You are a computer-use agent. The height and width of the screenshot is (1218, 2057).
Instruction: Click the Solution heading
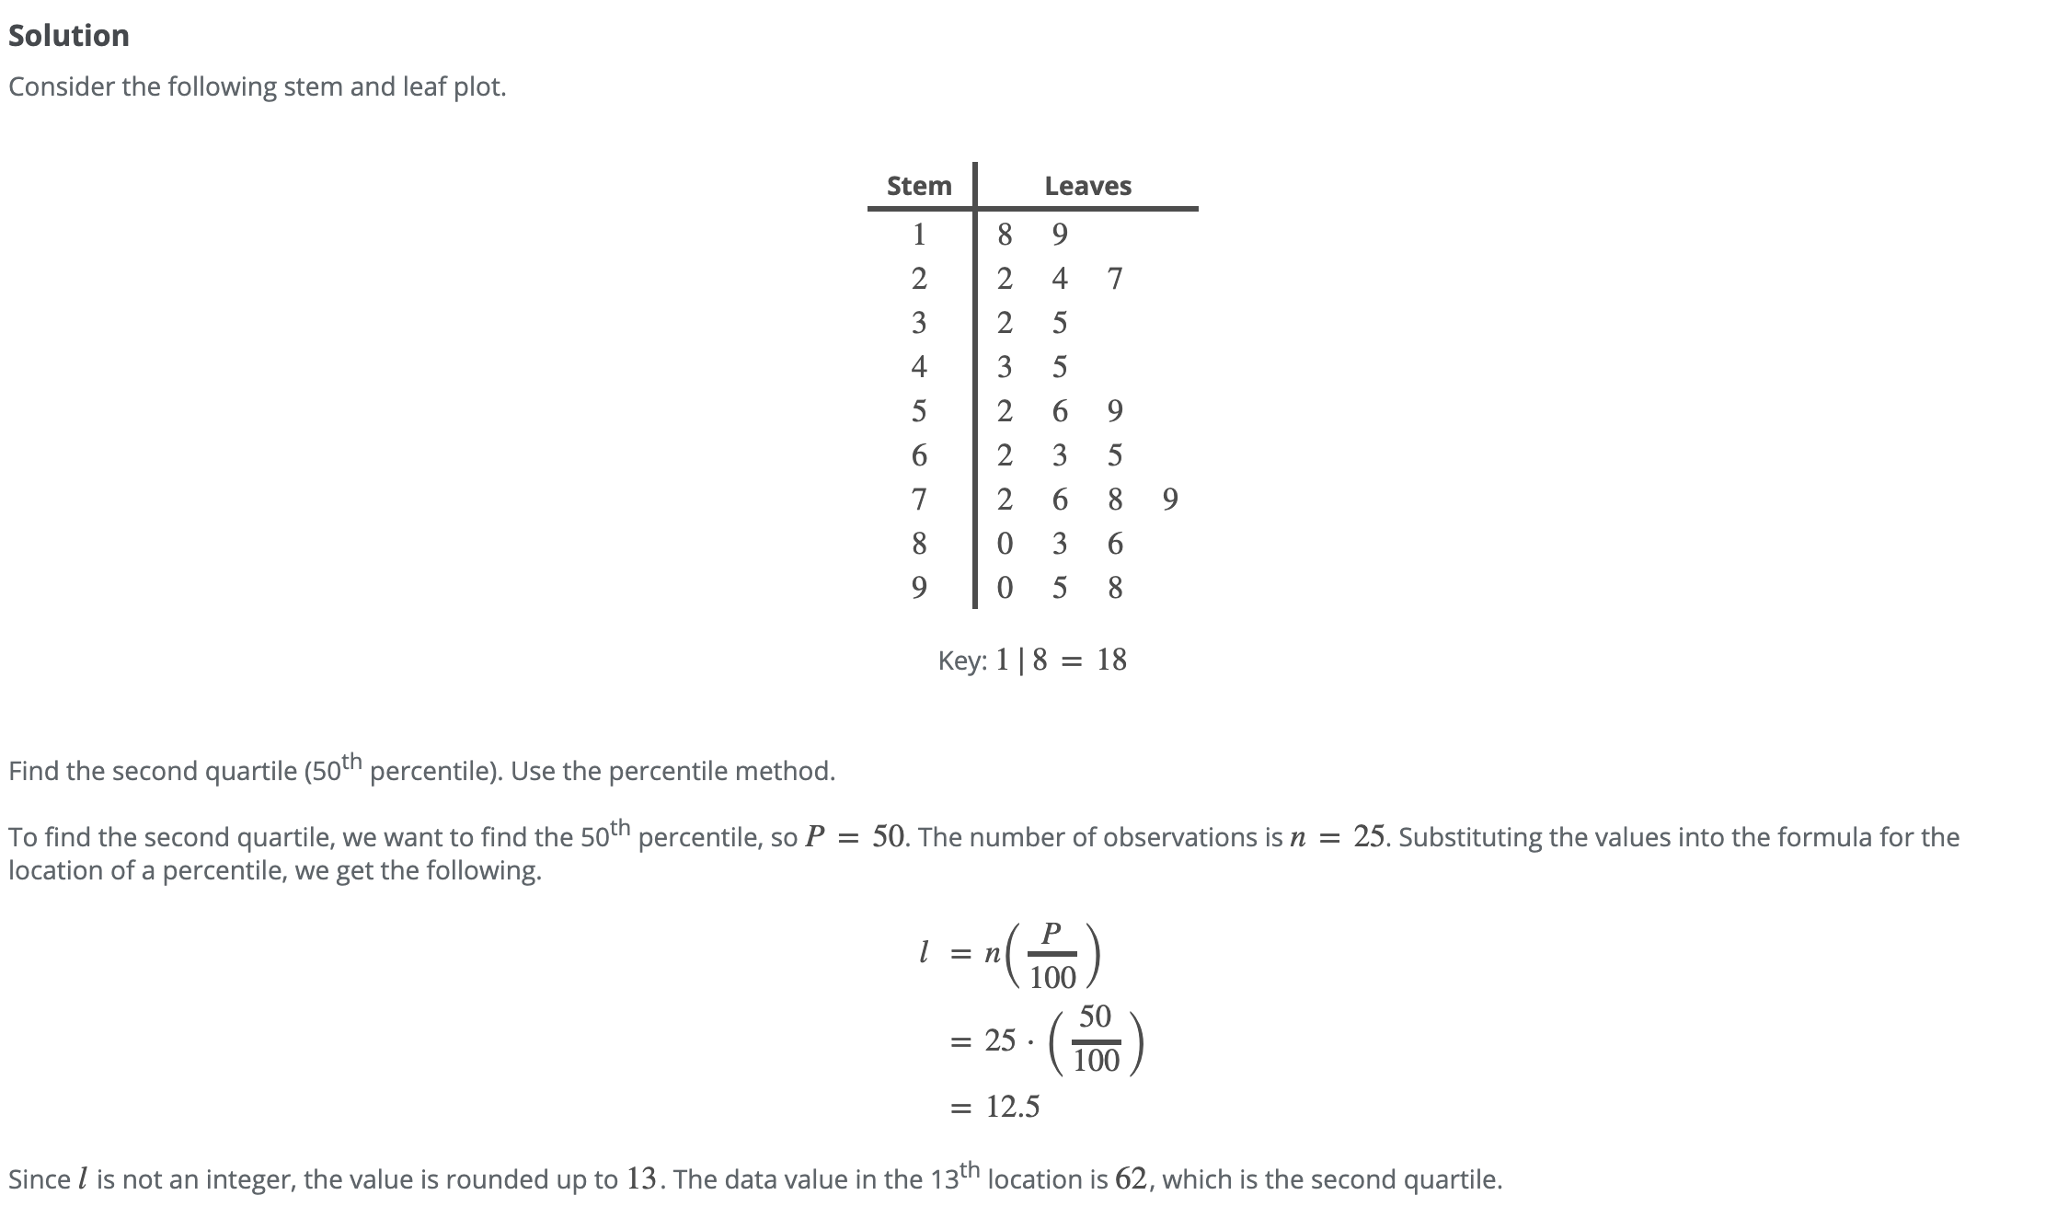tap(69, 36)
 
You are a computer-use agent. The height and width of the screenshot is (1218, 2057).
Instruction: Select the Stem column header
tap(918, 186)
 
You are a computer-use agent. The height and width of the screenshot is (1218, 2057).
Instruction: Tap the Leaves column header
tap(1087, 186)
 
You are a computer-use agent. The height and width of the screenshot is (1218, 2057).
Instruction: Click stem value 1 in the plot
tap(918, 235)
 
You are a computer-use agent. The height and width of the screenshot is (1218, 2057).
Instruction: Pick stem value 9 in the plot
tap(918, 587)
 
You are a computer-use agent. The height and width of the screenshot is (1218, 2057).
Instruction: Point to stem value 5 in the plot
tap(918, 410)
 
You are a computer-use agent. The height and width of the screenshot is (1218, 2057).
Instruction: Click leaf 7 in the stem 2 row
tap(1115, 278)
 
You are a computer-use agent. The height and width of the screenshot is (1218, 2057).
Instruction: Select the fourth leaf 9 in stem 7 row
tap(1170, 500)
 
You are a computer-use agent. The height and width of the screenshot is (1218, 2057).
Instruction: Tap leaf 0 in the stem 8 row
tap(1005, 544)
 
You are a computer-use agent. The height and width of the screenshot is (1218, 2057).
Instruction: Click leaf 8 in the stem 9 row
tap(1115, 587)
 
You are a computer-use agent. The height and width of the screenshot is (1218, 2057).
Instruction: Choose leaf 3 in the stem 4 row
tap(1005, 367)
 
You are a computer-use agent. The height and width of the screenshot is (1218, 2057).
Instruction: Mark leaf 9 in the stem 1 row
tap(1060, 235)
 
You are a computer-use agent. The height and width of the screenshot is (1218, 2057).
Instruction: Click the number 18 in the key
tap(1111, 660)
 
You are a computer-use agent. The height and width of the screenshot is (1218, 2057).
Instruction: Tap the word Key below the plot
tap(960, 661)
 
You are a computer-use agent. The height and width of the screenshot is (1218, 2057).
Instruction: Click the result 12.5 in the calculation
tap(1013, 1106)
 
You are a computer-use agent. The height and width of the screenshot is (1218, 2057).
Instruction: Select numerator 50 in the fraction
tap(1095, 1017)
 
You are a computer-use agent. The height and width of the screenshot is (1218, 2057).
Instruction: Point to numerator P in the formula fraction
tap(1052, 932)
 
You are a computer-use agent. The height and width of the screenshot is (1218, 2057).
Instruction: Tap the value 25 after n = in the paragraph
tap(1369, 836)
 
